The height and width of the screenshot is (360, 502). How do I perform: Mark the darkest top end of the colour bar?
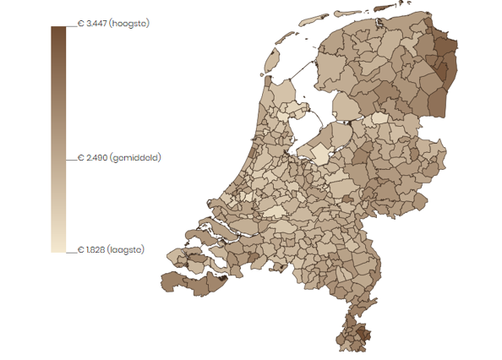(58, 30)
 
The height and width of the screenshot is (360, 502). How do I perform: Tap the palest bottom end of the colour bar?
(58, 246)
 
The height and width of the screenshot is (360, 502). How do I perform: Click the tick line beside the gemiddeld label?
(71, 158)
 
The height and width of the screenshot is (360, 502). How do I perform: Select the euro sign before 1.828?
(80, 249)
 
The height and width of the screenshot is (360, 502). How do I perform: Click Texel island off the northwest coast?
(272, 61)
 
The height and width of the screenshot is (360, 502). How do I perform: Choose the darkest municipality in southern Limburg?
(365, 335)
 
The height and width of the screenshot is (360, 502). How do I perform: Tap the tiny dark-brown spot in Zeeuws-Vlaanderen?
(222, 275)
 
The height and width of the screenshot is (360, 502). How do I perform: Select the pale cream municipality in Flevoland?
(320, 152)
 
